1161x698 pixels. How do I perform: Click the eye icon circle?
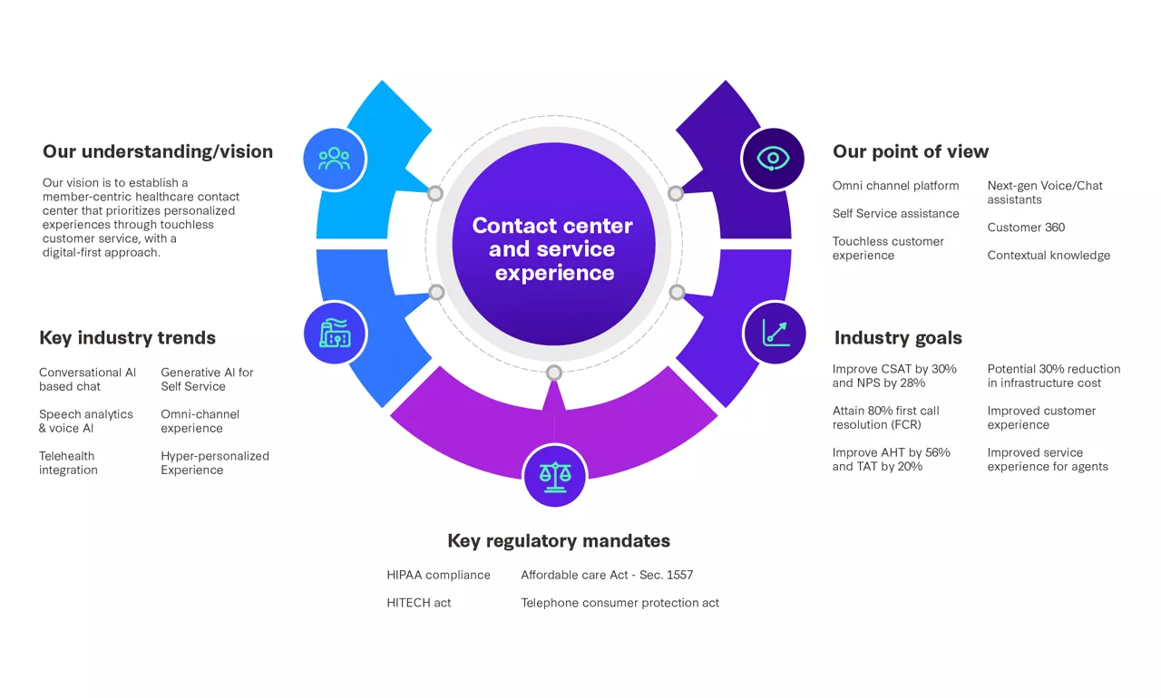pyautogui.click(x=773, y=159)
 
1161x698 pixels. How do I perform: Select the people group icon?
pyautogui.click(x=334, y=159)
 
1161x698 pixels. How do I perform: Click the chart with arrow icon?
pyautogui.click(x=774, y=333)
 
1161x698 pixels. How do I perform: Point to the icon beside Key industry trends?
pyautogui.click(x=335, y=333)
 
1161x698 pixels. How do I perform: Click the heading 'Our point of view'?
pyautogui.click(x=910, y=151)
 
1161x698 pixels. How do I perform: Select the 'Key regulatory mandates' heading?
pyautogui.click(x=559, y=541)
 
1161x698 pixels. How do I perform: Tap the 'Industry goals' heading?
pyautogui.click(x=897, y=338)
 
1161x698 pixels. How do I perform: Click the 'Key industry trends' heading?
pyautogui.click(x=127, y=338)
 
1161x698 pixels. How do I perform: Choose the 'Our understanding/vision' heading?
pyautogui.click(x=157, y=151)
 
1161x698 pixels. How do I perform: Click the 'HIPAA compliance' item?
pyautogui.click(x=438, y=575)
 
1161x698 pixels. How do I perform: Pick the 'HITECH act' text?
pyautogui.click(x=418, y=603)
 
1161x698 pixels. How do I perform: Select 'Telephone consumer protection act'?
pyautogui.click(x=620, y=603)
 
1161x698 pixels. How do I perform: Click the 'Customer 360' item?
pyautogui.click(x=1026, y=228)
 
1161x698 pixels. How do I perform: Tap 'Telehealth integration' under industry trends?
pyautogui.click(x=68, y=463)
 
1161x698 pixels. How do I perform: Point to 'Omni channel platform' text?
pyautogui.click(x=895, y=186)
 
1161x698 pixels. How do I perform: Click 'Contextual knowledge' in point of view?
pyautogui.click(x=1049, y=256)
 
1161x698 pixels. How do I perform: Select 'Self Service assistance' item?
pyautogui.click(x=895, y=214)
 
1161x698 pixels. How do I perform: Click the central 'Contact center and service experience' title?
pyautogui.click(x=553, y=249)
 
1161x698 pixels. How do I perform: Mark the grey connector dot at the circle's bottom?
pyautogui.click(x=554, y=373)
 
